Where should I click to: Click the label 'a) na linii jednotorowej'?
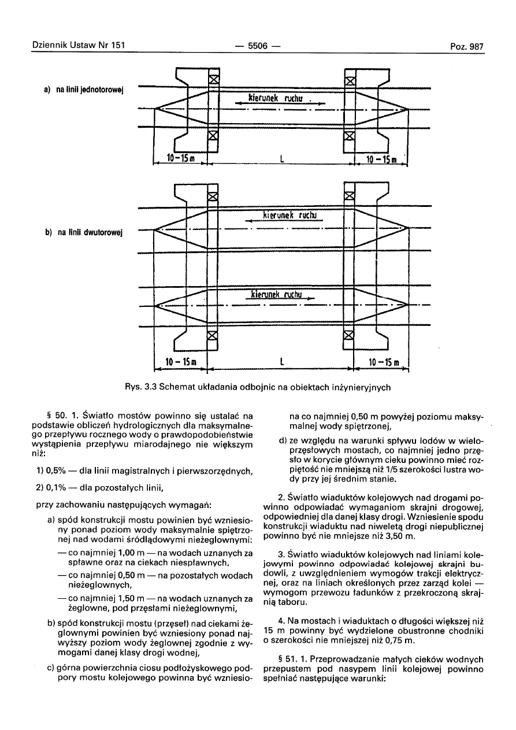pos(86,90)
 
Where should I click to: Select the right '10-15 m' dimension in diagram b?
pos(385,363)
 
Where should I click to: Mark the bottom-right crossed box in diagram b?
pos(348,336)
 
